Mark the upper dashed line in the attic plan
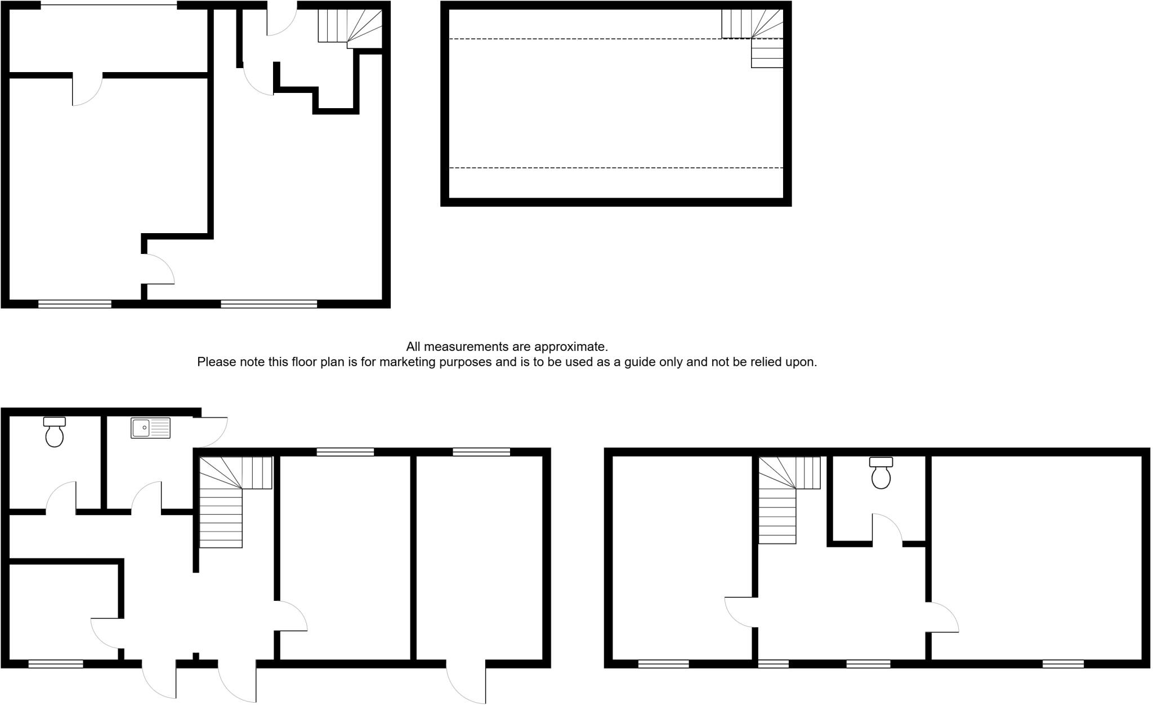586,39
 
